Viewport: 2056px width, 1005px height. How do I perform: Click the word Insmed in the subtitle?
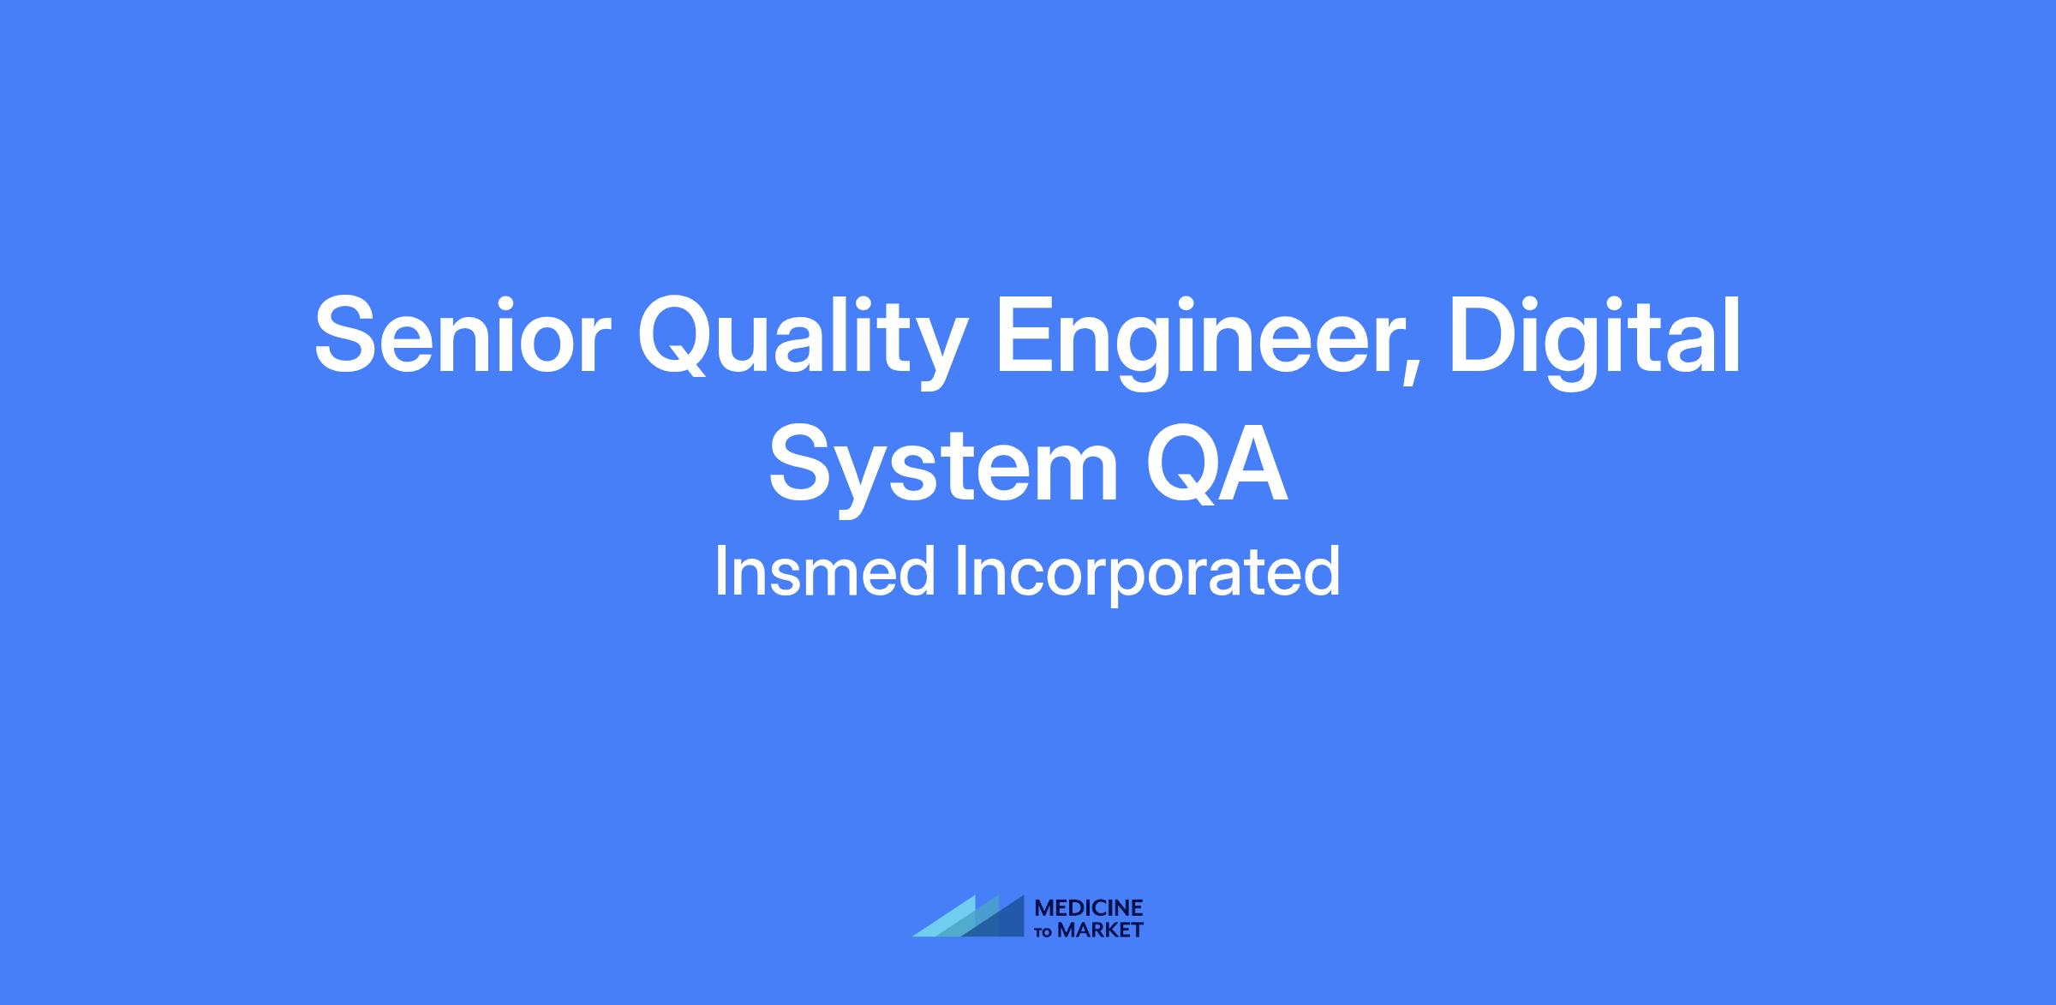[x=824, y=571]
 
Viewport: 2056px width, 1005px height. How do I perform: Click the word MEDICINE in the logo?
[x=1089, y=909]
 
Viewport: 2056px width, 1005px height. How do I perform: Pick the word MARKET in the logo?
[x=1100, y=930]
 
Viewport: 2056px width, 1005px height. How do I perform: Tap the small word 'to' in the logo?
[x=1044, y=932]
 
